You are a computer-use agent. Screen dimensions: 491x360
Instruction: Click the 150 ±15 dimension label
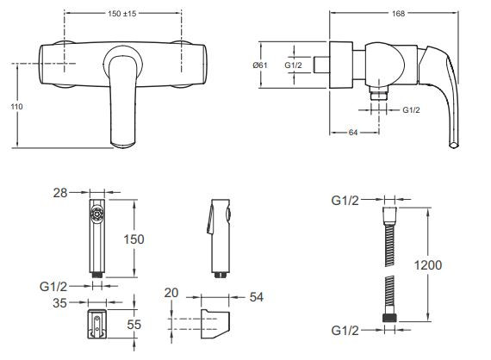click(122, 14)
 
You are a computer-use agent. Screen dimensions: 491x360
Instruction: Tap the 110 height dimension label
click(16, 107)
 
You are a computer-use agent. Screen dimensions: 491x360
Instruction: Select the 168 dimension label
click(398, 14)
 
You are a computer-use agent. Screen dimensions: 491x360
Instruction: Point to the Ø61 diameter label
click(260, 65)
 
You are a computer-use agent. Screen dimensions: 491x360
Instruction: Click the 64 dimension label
click(353, 133)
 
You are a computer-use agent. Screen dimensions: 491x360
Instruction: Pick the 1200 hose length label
click(428, 265)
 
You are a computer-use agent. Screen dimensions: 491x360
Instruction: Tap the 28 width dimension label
click(60, 193)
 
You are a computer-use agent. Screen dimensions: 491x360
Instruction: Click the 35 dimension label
click(59, 303)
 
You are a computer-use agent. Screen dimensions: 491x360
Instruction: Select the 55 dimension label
click(134, 325)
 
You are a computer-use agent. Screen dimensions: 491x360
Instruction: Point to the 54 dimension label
click(257, 297)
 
